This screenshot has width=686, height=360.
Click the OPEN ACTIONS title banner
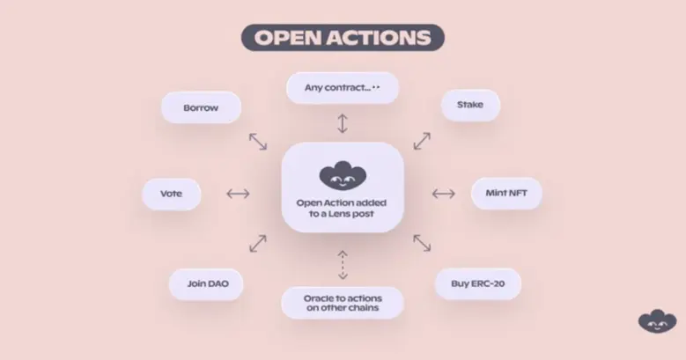click(343, 38)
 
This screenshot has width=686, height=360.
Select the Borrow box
click(201, 107)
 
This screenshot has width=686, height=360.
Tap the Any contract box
click(343, 87)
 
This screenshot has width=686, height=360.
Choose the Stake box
click(469, 105)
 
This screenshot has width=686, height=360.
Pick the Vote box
click(171, 194)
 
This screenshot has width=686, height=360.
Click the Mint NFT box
click(506, 194)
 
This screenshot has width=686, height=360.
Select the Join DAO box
click(206, 283)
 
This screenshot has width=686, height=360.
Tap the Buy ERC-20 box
click(479, 283)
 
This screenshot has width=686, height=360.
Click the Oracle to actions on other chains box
click(343, 302)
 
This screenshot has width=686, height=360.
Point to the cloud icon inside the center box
click(342, 176)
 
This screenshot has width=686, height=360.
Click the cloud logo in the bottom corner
click(656, 321)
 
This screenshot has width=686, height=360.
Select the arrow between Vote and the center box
click(238, 194)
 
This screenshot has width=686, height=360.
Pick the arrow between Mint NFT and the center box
click(443, 194)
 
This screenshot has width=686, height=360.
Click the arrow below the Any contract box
click(343, 122)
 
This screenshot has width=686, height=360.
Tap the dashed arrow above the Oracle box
click(343, 264)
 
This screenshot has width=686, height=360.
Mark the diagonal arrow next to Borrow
click(258, 141)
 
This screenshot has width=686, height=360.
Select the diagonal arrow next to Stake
click(423, 141)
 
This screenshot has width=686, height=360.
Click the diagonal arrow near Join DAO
click(258, 243)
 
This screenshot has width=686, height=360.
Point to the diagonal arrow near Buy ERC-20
click(423, 243)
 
